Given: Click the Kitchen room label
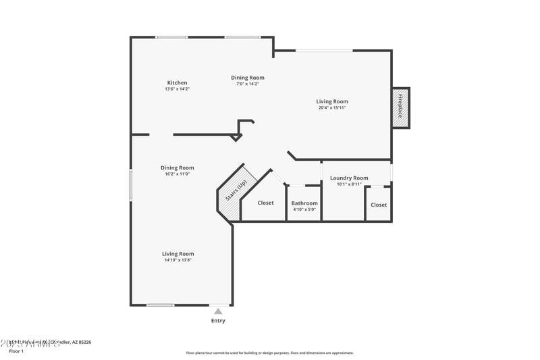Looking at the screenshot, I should (x=178, y=83).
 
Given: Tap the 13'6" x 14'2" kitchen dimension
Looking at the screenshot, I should (x=178, y=89).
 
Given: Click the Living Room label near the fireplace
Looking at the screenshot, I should (x=332, y=101).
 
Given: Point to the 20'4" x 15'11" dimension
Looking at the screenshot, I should (x=332, y=107).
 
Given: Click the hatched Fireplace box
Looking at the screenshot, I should (x=400, y=107).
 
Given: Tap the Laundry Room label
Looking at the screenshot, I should (x=349, y=178).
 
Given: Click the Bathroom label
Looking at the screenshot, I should (x=304, y=203).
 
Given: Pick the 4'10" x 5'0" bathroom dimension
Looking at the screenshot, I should (x=304, y=209).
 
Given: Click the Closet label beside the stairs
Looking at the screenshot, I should (x=266, y=203).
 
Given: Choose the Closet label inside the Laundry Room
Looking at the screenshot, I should (x=379, y=205).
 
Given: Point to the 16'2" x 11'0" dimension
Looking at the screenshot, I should (x=178, y=174).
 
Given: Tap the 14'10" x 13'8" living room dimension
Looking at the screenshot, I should (x=178, y=260).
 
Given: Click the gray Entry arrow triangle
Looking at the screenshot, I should (x=218, y=311).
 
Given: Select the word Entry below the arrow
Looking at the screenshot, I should (x=218, y=321).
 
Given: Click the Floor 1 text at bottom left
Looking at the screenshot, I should (x=16, y=351).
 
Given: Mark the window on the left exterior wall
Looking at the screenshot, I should (x=131, y=184).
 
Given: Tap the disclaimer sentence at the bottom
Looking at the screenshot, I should (x=269, y=353).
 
